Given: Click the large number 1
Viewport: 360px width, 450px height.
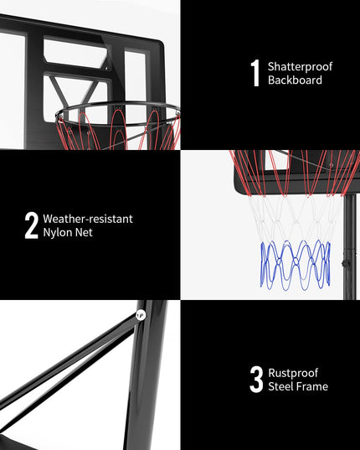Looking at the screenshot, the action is (x=255, y=73).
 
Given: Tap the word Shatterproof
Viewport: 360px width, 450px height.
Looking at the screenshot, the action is (x=300, y=67).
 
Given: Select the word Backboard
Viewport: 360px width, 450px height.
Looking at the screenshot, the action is (x=295, y=80).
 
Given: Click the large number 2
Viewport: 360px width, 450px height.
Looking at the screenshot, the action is (x=31, y=225).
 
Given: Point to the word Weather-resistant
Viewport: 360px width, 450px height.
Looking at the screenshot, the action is (x=88, y=219).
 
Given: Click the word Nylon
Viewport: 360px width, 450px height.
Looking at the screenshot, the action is (x=58, y=233).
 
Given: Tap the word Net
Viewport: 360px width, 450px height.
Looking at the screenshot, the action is (x=84, y=232).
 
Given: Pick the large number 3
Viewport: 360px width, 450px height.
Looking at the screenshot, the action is (x=256, y=379).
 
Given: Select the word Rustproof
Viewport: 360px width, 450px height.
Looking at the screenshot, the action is (x=293, y=373).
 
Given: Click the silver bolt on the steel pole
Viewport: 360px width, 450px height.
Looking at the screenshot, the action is (x=141, y=315).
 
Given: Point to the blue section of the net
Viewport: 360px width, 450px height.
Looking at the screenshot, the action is (x=296, y=265).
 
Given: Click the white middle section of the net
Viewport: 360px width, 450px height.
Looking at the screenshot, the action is (x=296, y=219).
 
